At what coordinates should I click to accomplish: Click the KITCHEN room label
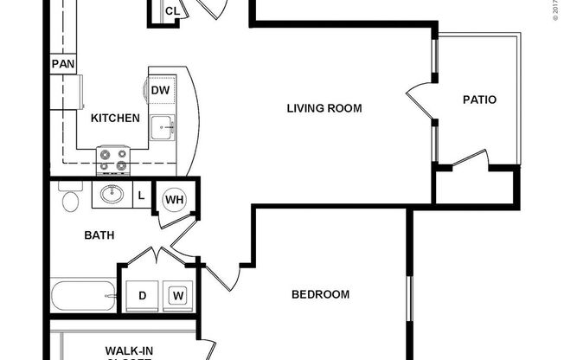(115, 118)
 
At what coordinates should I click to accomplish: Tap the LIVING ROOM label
(324, 108)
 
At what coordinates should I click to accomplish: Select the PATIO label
(479, 100)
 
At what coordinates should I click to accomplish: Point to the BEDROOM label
(320, 294)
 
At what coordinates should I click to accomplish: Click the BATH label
(99, 235)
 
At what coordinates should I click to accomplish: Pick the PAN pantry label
(61, 64)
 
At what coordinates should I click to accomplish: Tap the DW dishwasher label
(161, 90)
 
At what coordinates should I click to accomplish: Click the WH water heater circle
(175, 201)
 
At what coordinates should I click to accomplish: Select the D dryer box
(142, 295)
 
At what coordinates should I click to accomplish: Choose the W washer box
(178, 295)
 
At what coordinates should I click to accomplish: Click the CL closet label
(172, 11)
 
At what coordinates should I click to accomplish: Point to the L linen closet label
(141, 196)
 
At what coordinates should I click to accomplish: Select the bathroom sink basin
(111, 194)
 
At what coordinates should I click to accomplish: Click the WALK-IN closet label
(130, 350)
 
